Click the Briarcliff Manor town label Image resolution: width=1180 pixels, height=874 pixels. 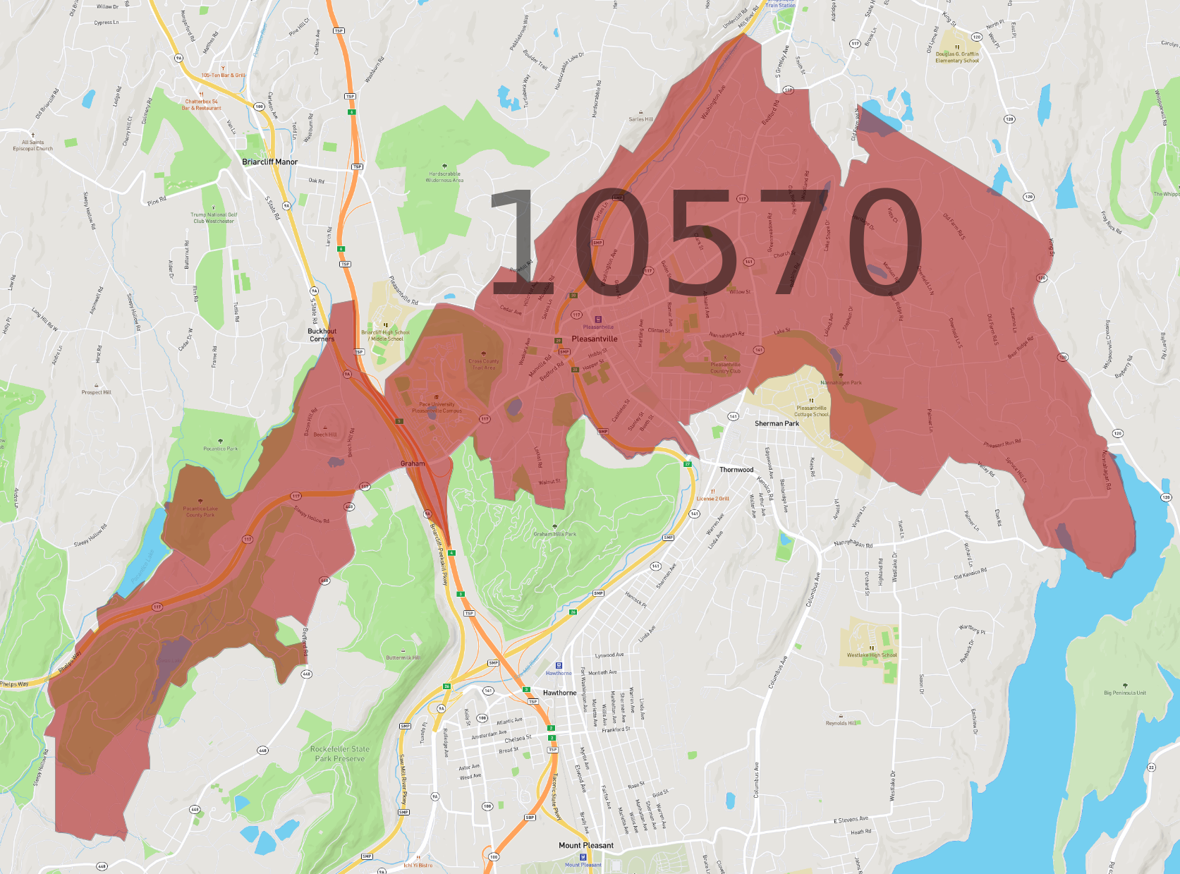point(269,162)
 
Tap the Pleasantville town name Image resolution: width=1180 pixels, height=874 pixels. point(594,339)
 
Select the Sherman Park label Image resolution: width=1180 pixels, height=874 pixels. point(777,424)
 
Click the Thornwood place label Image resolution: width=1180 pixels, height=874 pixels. point(736,470)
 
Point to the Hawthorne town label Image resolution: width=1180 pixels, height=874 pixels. point(559,693)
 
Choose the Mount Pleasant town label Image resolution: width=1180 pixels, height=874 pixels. point(585,845)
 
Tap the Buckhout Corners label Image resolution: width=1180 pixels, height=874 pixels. point(322,335)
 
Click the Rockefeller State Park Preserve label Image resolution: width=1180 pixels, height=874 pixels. point(339,754)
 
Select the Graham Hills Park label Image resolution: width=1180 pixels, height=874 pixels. point(554,534)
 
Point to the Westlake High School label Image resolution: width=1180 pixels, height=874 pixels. point(872,655)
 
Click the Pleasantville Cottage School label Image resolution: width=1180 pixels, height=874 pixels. point(811,411)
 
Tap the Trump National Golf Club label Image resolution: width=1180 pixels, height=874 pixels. point(213,218)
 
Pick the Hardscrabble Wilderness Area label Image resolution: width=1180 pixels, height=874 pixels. point(444,177)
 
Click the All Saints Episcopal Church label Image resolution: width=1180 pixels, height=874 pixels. point(32,145)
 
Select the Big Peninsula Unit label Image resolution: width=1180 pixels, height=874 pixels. point(1124,693)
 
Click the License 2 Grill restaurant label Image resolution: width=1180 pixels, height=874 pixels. point(712,499)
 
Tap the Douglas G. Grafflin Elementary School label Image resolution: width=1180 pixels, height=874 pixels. point(956,57)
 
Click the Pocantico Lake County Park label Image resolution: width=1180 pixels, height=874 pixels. point(200,511)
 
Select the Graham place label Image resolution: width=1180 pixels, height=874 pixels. point(413,463)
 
